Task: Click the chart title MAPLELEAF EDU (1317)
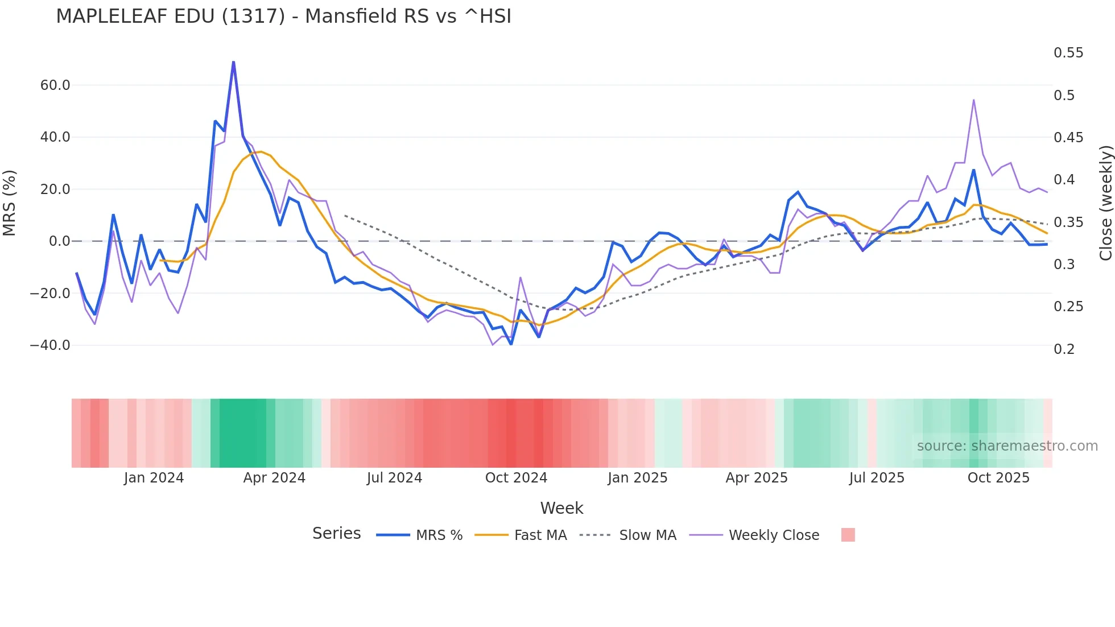pos(283,16)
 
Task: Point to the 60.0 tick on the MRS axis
pos(55,85)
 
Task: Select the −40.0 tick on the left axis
pos(50,345)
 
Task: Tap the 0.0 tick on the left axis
pos(59,241)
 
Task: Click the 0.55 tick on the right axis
pos(1068,53)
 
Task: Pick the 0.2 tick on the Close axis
pos(1064,349)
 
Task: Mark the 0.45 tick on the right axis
pos(1068,137)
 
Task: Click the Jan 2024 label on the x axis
pos(154,478)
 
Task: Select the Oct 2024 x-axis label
pos(516,478)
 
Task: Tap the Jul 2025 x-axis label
pos(877,478)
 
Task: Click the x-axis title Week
pos(561,508)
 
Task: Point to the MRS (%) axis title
pos(10,203)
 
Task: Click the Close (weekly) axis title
pos(1105,203)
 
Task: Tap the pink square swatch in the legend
pos(848,535)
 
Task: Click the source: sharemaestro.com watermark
pos(1007,446)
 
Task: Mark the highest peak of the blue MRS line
pos(233,62)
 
